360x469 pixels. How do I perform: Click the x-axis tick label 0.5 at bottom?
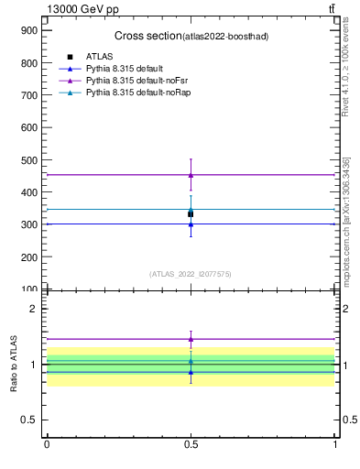191,444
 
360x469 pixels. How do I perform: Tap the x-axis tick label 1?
335,444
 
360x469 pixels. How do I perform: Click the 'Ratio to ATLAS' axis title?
15,365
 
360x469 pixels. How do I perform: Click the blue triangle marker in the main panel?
191,224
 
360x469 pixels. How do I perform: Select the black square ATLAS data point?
191,214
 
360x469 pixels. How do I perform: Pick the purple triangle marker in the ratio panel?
191,339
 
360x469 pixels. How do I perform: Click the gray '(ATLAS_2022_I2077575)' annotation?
191,274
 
